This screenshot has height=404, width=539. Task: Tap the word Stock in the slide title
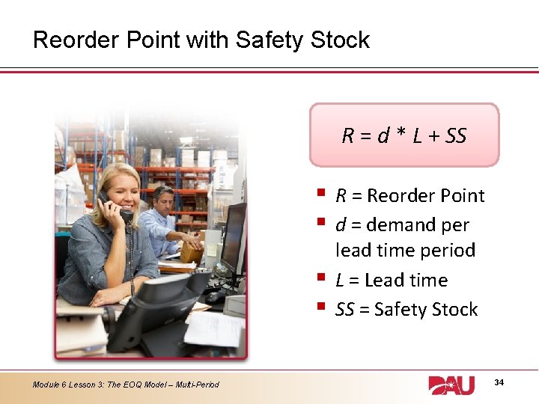tap(339, 40)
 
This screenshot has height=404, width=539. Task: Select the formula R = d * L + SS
tap(404, 135)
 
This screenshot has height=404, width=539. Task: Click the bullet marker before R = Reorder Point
tap(321, 195)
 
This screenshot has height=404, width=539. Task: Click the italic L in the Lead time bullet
tap(340, 281)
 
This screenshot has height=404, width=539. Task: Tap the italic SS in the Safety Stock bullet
tap(344, 310)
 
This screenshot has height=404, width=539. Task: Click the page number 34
tap(499, 383)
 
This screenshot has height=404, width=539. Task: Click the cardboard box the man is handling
tap(192, 253)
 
